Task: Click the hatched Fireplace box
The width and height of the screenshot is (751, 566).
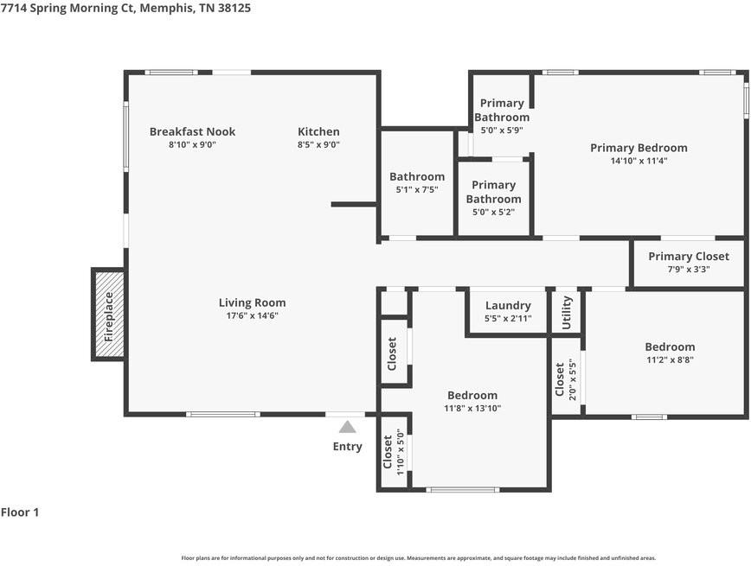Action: click(108, 314)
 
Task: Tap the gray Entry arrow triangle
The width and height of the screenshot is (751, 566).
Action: click(347, 426)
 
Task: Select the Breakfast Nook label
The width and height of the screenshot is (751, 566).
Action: click(193, 131)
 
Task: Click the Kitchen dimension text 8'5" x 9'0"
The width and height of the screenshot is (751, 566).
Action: click(318, 144)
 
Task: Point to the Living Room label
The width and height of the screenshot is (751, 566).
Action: click(253, 302)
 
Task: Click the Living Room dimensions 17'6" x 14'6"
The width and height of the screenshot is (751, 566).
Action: click(253, 315)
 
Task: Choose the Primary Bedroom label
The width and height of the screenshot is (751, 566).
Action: click(639, 148)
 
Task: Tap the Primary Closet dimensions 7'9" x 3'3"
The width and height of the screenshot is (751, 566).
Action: click(689, 270)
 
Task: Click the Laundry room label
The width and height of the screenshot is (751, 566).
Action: click(508, 306)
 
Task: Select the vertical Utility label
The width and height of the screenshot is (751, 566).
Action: click(566, 313)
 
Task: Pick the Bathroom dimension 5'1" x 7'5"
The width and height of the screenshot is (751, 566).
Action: click(417, 189)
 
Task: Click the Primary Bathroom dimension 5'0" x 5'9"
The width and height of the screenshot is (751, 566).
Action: click(502, 130)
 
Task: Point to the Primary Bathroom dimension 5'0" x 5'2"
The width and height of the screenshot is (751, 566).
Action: click(494, 212)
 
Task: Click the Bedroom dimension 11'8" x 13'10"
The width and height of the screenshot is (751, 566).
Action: click(472, 408)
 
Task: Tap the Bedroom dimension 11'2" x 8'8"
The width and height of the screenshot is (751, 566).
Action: click(670, 359)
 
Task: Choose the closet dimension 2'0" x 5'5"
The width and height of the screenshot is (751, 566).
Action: click(572, 379)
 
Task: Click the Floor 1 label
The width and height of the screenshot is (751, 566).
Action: click(20, 512)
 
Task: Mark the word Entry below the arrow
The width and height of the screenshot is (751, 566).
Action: click(347, 447)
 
